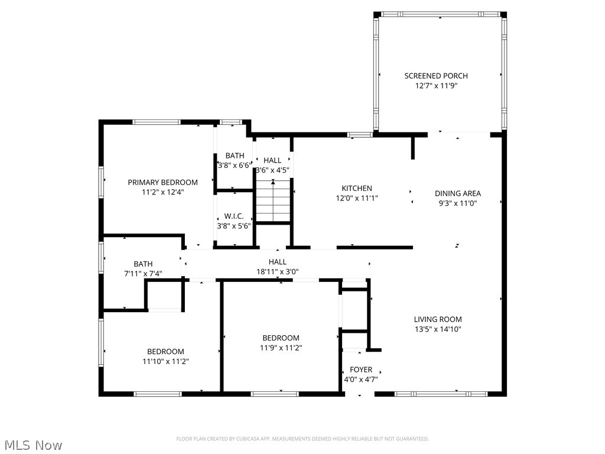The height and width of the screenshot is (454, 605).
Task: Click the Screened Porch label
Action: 436,76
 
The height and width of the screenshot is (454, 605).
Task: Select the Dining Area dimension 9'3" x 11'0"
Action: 458,203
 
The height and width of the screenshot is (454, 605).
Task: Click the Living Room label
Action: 438,319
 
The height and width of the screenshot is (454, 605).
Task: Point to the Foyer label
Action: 357,370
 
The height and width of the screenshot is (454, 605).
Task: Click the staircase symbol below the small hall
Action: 273,201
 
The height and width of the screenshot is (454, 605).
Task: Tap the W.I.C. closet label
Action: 234,216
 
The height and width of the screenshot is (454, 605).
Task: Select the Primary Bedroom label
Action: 162,182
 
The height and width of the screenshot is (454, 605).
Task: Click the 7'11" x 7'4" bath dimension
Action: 143,274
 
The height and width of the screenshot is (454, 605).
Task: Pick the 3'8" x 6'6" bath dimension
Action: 234,166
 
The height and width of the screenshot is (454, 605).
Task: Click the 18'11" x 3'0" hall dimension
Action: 277,271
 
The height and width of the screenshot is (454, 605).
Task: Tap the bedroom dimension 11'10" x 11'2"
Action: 165,361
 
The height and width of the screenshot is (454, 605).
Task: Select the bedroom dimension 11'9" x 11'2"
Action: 281,348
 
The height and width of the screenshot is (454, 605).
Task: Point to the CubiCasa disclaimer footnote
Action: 302,439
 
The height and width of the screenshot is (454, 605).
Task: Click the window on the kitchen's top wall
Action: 359,135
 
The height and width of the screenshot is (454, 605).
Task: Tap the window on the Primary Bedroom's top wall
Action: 156,122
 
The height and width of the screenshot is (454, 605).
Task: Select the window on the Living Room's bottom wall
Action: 441,394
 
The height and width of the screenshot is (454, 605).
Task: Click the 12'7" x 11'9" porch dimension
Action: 436,86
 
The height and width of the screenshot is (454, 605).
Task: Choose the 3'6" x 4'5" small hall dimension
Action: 272,170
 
